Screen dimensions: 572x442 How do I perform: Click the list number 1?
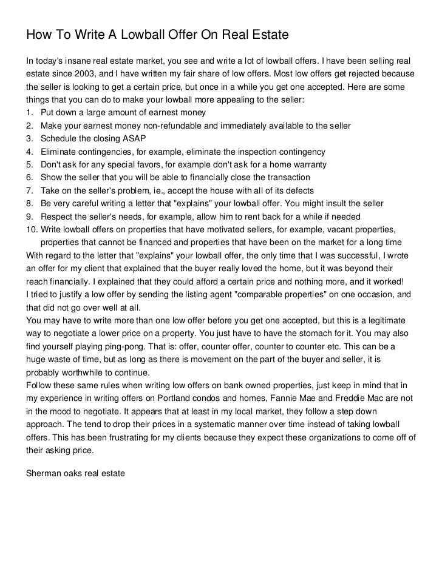(x=29, y=113)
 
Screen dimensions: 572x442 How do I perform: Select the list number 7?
(x=29, y=190)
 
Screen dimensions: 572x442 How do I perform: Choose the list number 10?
(x=31, y=229)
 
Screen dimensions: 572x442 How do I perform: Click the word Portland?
(x=178, y=398)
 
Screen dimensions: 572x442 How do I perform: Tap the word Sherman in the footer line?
(x=44, y=469)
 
